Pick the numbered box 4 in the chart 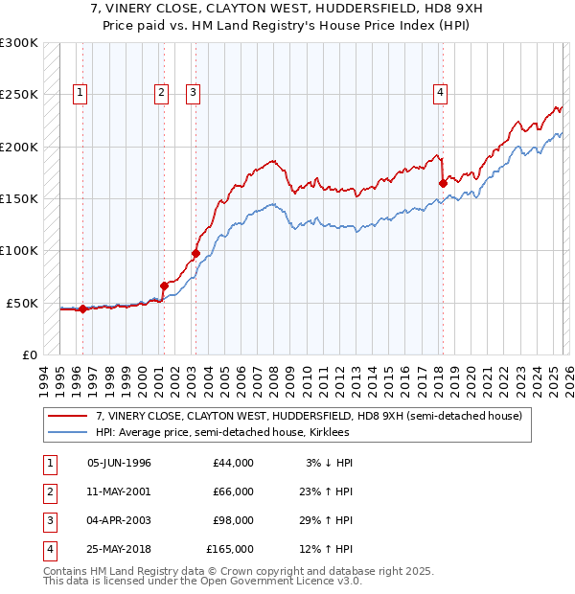click(x=440, y=93)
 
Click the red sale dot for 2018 click(x=443, y=183)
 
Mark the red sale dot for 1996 click(x=82, y=308)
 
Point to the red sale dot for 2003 click(x=195, y=253)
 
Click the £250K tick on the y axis click(x=19, y=95)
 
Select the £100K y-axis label click(x=19, y=251)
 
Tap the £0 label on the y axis click(x=28, y=354)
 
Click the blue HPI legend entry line click(x=67, y=432)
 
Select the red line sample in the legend click(x=67, y=416)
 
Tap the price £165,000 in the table click(x=230, y=549)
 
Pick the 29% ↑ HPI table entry click(x=326, y=520)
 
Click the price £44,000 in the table click(x=233, y=463)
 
